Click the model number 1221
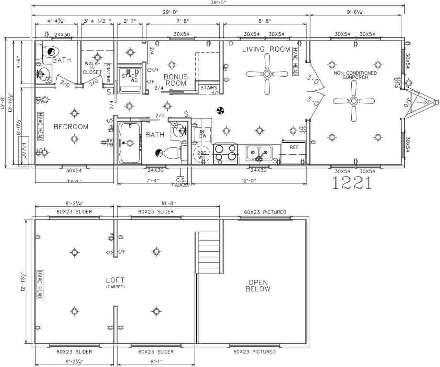pos(352,183)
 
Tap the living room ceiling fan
pos(267,74)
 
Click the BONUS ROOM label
pos(176,80)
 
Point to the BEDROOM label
pos(71,127)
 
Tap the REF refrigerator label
pos(294,147)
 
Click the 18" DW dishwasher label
pos(203,133)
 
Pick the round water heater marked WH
pos(201,155)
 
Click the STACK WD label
pos(130,78)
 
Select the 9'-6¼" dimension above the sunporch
pos(355,12)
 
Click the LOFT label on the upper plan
pos(115,280)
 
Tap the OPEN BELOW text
pos(258,286)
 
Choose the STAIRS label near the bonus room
pos(209,88)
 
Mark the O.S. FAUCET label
pos(181,182)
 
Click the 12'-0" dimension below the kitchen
pos(249,180)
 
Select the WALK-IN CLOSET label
pos(92,68)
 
